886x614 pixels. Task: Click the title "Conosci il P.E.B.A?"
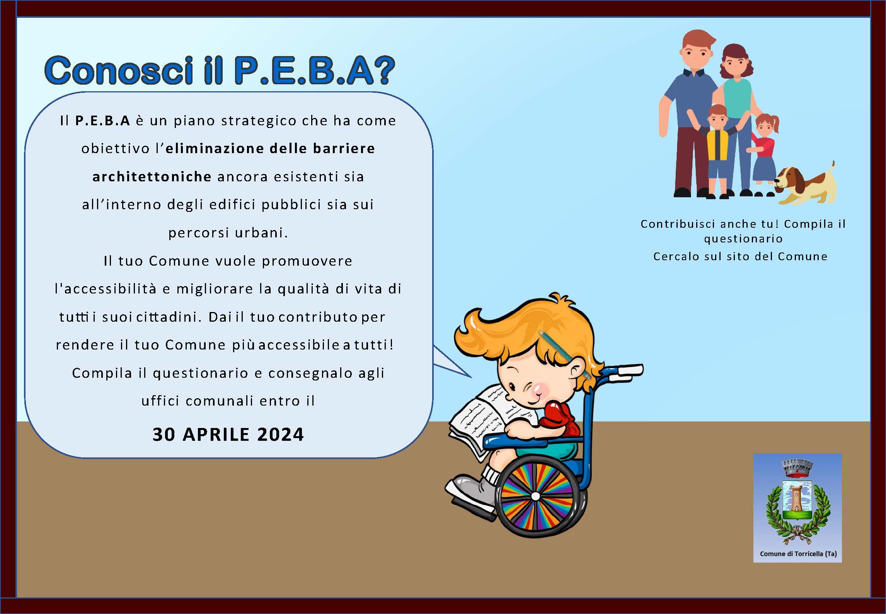click(220, 70)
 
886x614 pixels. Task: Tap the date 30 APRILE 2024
click(228, 434)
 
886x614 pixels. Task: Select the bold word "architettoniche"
click(152, 177)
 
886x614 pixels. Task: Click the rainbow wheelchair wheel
click(535, 496)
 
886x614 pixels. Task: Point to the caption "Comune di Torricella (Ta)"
click(798, 554)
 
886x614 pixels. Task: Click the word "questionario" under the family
click(743, 239)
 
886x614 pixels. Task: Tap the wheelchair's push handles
click(628, 370)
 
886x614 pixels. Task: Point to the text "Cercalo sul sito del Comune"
click(740, 256)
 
